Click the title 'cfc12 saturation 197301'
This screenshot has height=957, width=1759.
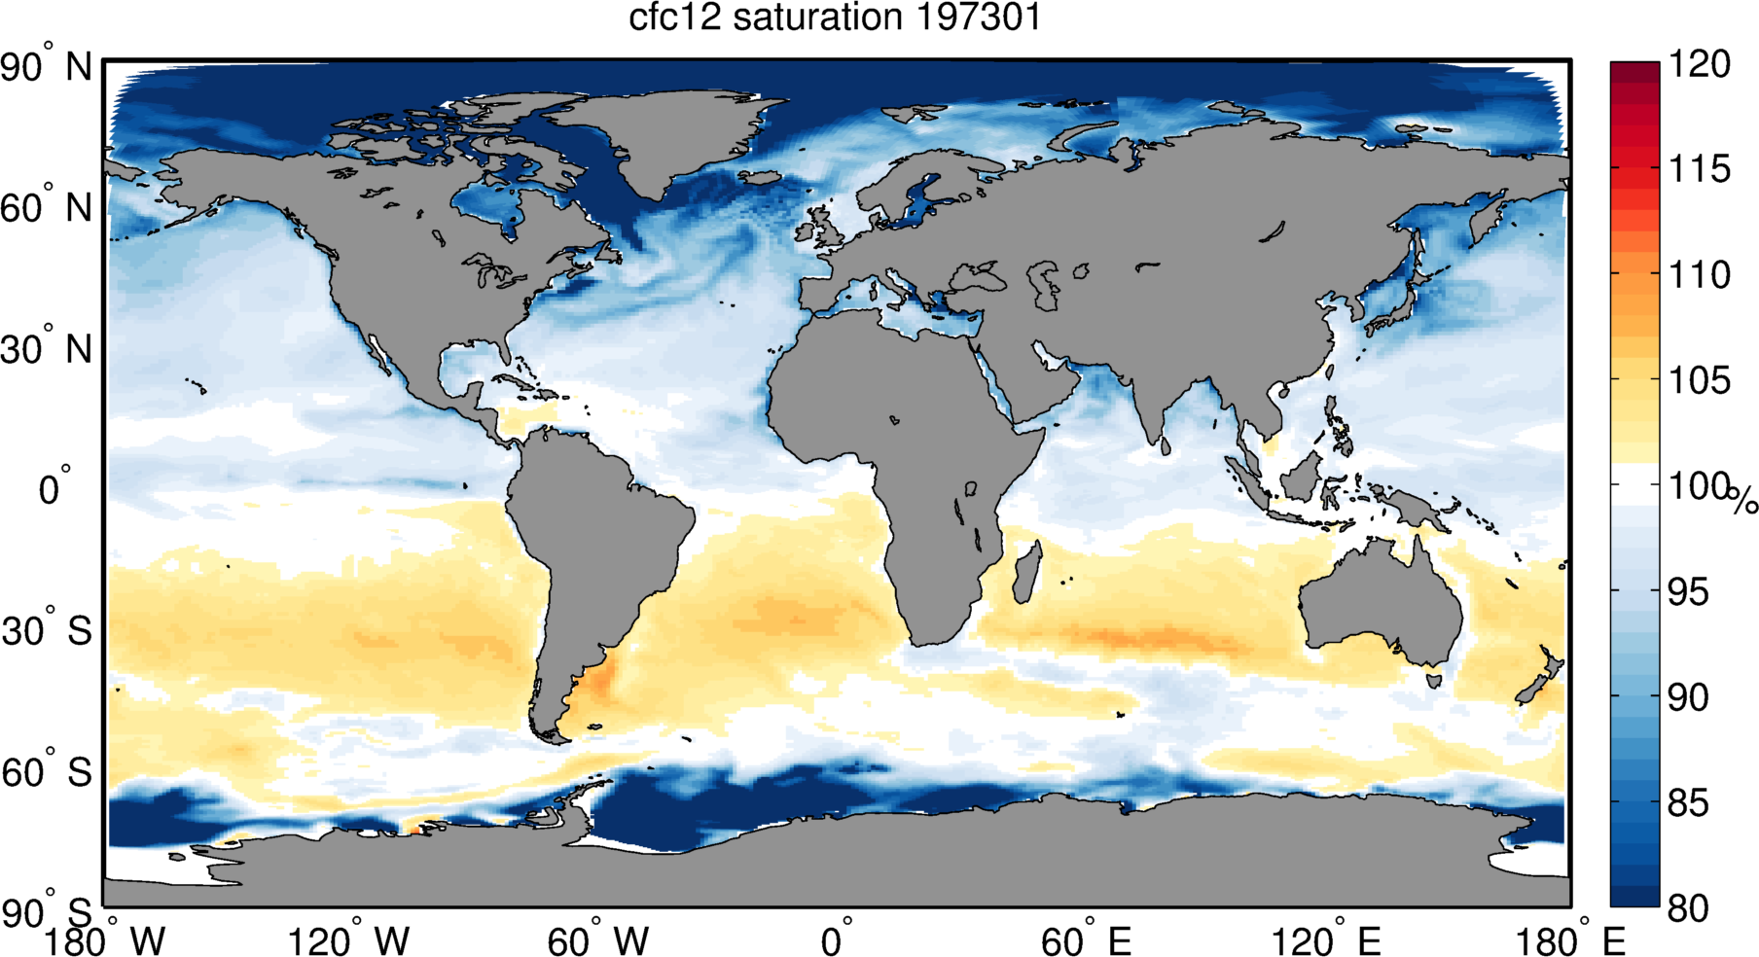(x=835, y=18)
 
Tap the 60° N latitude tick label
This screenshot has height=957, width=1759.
(x=46, y=208)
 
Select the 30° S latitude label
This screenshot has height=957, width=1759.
(x=46, y=631)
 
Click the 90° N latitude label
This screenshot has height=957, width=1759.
(x=46, y=68)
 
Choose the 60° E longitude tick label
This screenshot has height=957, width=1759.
(x=1086, y=940)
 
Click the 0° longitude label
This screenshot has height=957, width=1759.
(x=837, y=940)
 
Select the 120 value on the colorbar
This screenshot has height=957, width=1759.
(x=1700, y=64)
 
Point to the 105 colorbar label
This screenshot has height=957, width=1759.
(x=1700, y=380)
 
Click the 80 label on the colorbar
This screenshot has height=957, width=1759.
(x=1690, y=907)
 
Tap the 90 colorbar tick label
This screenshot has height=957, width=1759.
(x=1690, y=696)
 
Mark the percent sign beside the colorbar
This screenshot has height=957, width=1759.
(x=1742, y=500)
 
